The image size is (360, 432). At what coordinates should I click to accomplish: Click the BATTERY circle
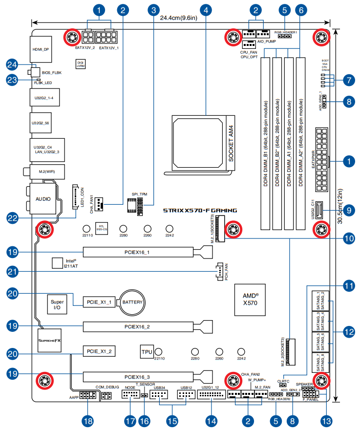pos(132,302)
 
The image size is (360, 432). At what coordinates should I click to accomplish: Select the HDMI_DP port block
pos(42,49)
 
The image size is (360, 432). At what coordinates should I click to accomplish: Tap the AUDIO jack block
pos(43,199)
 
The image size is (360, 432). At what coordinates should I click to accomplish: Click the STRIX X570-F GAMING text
pos(200,211)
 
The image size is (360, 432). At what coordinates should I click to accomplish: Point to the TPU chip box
pos(147,351)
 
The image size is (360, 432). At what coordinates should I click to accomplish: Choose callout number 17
pos(129,420)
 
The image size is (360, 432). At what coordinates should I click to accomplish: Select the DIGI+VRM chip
pos(81,64)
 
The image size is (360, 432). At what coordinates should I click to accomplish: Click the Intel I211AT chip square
pos(58,263)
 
